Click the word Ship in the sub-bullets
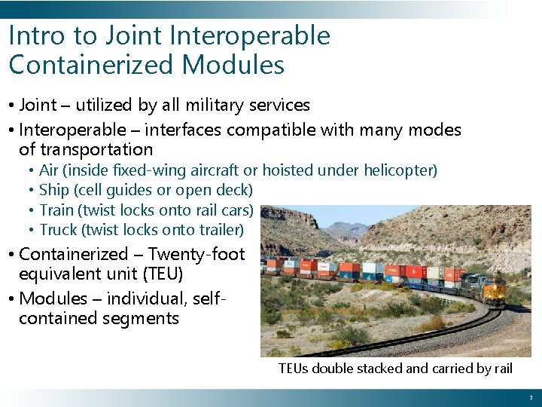pyautogui.click(x=55, y=190)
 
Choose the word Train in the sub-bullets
pyautogui.click(x=56, y=210)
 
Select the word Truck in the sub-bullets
pyautogui.click(x=58, y=229)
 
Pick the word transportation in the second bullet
pyautogui.click(x=86, y=149)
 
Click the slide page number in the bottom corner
pyautogui.click(x=530, y=397)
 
